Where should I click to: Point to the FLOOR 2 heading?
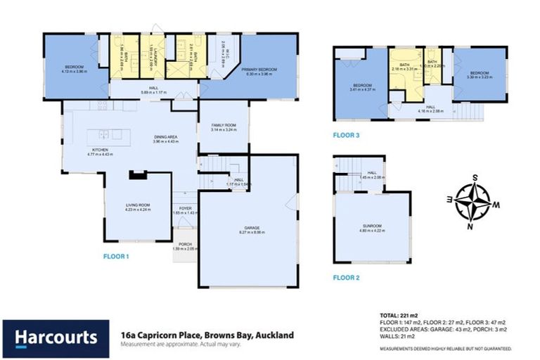tap(346, 278)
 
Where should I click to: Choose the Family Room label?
tap(224, 127)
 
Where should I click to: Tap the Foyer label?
tap(186, 210)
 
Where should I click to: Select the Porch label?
tap(185, 246)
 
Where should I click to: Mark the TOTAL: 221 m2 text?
tap(398, 314)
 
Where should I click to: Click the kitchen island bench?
tap(104, 135)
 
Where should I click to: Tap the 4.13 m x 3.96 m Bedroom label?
tap(73, 68)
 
